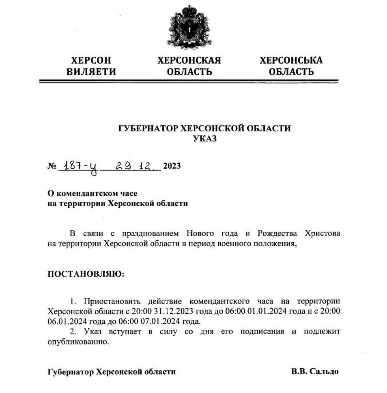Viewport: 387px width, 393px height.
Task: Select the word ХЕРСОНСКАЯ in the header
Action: tap(189, 61)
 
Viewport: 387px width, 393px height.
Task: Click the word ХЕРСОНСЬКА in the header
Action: tap(291, 61)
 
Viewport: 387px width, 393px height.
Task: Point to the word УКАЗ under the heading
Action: tap(205, 139)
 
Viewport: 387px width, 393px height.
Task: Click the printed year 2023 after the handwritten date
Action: tap(172, 167)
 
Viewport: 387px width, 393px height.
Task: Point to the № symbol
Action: tap(52, 167)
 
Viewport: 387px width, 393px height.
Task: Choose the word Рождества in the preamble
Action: tap(277, 234)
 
